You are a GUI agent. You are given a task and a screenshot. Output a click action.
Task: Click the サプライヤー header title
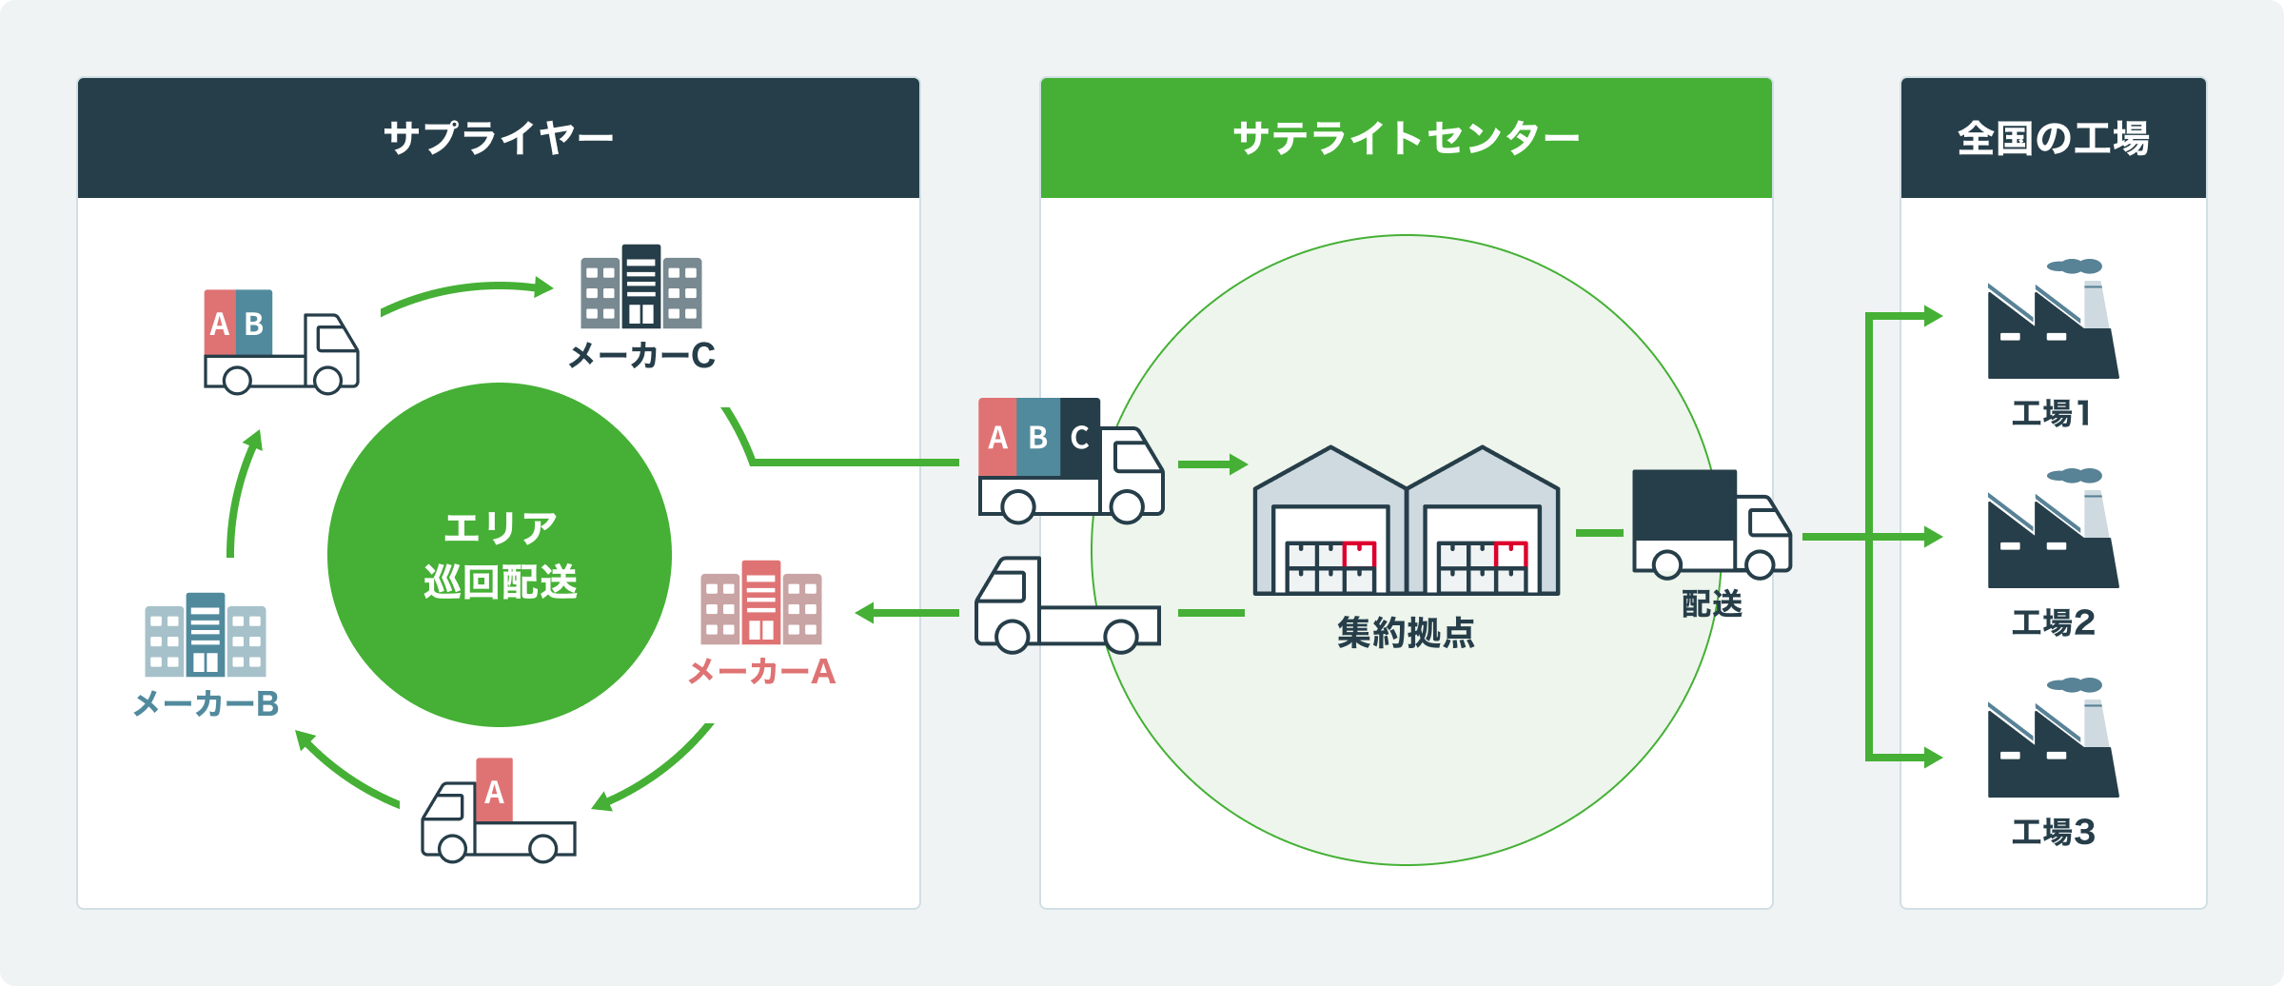(x=498, y=139)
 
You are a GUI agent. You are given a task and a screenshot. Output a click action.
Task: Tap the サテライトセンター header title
(x=1406, y=139)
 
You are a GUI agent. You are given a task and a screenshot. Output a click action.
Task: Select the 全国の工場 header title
(x=2053, y=139)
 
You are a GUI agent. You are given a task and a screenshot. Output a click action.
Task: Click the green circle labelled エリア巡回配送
(x=500, y=555)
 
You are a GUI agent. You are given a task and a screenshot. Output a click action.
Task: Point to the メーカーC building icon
(x=641, y=286)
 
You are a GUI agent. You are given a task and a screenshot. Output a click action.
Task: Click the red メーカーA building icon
(x=761, y=602)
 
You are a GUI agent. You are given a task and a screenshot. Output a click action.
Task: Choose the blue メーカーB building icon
(x=206, y=635)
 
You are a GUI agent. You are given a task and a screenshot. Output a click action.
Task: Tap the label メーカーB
(x=206, y=704)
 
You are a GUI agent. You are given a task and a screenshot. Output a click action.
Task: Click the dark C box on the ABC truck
(x=1080, y=437)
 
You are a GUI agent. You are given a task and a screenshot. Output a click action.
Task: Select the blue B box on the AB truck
(x=254, y=323)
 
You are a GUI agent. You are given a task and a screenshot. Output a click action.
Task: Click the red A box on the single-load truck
(x=494, y=790)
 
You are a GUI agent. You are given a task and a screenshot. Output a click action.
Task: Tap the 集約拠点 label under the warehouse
(x=1406, y=633)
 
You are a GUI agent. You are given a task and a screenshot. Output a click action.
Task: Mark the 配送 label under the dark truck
(x=1711, y=603)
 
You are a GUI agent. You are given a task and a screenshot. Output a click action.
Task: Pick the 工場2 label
(x=2053, y=623)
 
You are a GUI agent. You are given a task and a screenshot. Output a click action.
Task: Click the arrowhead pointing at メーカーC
(x=544, y=286)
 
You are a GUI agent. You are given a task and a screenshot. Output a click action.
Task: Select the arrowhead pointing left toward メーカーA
(x=865, y=613)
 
